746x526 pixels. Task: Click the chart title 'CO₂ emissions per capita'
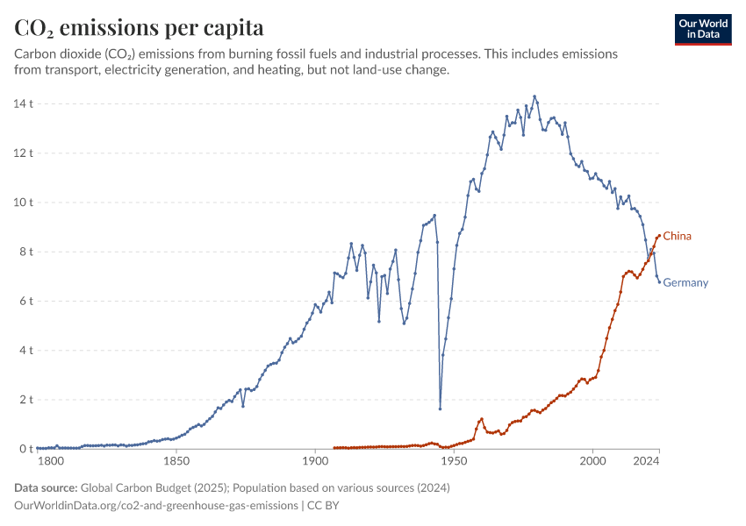pyautogui.click(x=139, y=27)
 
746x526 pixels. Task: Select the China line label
pyautogui.click(x=677, y=236)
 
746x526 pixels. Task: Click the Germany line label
pyautogui.click(x=685, y=282)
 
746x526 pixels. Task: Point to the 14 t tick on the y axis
pyautogui.click(x=25, y=103)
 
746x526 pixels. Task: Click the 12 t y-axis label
pyautogui.click(x=25, y=153)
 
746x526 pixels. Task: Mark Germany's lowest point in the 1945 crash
pyautogui.click(x=440, y=409)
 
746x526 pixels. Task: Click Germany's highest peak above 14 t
pyautogui.click(x=534, y=96)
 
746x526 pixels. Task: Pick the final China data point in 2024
pyautogui.click(x=659, y=236)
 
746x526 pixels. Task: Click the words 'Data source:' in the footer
pyautogui.click(x=46, y=487)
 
